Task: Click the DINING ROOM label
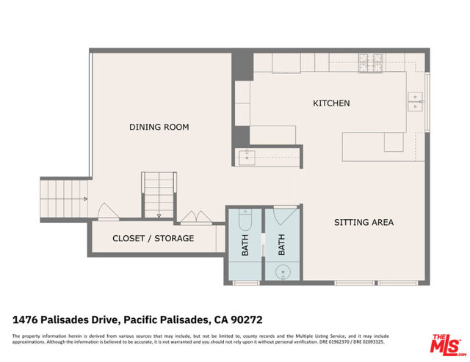[159, 127]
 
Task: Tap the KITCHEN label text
[331, 103]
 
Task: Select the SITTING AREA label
[364, 222]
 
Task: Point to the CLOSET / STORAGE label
[153, 238]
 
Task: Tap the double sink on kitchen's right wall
[416, 101]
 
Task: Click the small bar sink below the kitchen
[246, 156]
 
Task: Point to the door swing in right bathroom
[282, 218]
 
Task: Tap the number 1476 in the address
[27, 319]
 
